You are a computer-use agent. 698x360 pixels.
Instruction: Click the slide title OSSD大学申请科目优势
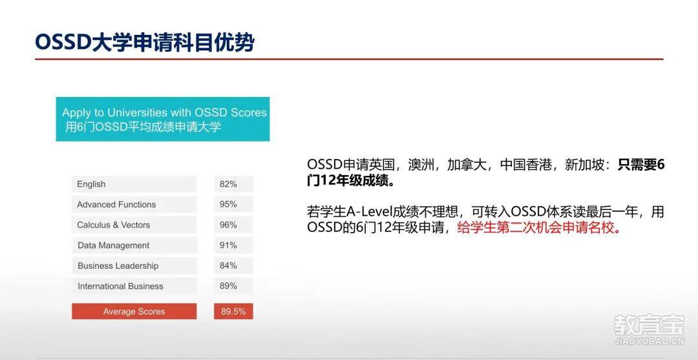pos(145,43)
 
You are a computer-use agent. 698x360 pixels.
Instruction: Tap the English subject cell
pos(134,184)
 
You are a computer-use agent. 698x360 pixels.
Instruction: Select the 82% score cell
pos(233,184)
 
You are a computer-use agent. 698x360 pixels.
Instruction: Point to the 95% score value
pos(228,204)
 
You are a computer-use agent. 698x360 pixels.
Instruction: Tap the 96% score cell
pos(233,225)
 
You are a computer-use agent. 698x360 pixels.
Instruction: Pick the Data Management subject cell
pos(134,246)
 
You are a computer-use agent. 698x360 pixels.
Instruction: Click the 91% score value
pos(228,245)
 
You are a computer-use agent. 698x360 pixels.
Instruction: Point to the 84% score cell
pos(233,266)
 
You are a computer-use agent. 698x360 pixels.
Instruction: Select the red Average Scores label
pos(134,312)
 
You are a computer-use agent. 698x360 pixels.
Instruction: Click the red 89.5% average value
pos(233,312)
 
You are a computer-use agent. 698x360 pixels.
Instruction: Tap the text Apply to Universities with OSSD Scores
pos(164,112)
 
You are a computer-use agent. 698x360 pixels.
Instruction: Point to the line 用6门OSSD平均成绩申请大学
pos(143,127)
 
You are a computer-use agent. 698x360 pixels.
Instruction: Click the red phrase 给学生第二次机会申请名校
pos(538,228)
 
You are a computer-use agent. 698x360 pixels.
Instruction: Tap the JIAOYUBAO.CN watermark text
pos(650,342)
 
